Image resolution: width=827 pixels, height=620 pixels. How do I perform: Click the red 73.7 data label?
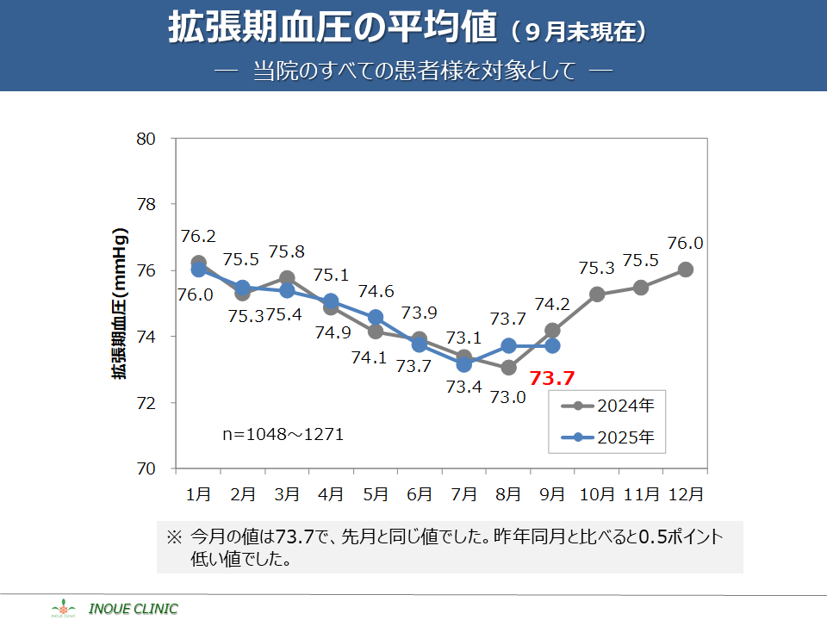click(551, 377)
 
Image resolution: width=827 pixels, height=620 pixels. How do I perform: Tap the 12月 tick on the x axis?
click(686, 494)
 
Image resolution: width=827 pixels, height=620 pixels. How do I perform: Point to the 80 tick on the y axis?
click(145, 139)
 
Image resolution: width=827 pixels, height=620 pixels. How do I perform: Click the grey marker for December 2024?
click(686, 270)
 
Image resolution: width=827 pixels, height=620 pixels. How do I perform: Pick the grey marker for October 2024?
click(597, 294)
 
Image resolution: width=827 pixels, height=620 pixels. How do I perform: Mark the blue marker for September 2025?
click(552, 346)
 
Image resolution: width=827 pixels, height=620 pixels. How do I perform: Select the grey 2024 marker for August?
click(508, 368)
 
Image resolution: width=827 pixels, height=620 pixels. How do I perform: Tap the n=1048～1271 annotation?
click(283, 434)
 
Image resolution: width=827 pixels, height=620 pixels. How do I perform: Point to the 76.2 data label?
click(198, 236)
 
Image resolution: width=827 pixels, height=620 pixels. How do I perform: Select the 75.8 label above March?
click(287, 252)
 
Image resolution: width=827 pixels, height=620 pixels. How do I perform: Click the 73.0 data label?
click(508, 398)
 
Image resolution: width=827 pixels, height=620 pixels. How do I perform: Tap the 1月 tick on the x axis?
click(198, 494)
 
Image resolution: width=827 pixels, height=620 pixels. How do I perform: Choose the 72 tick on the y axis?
click(145, 403)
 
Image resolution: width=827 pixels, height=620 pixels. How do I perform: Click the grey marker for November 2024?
click(641, 288)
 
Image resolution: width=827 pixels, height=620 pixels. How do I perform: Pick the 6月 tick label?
click(420, 494)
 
